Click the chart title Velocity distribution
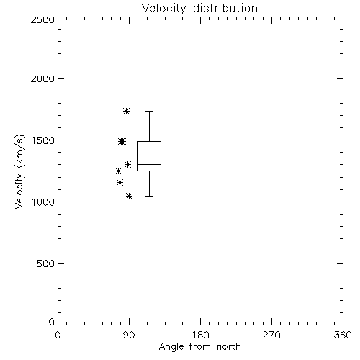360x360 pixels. point(199,8)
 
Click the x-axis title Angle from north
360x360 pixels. point(199,347)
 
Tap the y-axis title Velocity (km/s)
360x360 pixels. point(19,171)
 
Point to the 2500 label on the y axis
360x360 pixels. point(42,19)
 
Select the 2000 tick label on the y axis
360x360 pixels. point(42,78)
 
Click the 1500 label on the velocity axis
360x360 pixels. point(43,140)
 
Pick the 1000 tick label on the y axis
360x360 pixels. point(43,202)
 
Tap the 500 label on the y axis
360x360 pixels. point(46,264)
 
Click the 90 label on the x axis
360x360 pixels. point(129,335)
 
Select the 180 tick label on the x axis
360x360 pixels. point(200,335)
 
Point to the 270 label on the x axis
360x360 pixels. point(271,335)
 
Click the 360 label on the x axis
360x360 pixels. point(343,335)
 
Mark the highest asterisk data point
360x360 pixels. point(127,111)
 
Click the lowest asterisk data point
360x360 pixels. point(129,196)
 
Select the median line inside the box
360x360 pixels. point(149,164)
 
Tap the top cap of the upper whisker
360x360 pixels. point(149,111)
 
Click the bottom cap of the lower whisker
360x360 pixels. point(149,196)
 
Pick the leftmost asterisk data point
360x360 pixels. point(118,171)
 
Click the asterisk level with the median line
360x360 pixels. point(127,164)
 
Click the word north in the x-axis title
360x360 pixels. point(229,347)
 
